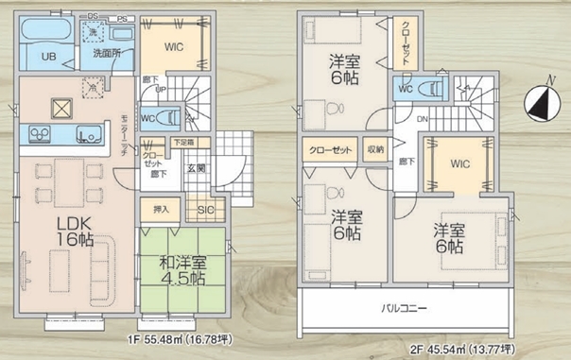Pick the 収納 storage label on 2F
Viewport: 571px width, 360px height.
[375, 150]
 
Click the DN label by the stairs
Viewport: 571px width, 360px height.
[423, 119]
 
